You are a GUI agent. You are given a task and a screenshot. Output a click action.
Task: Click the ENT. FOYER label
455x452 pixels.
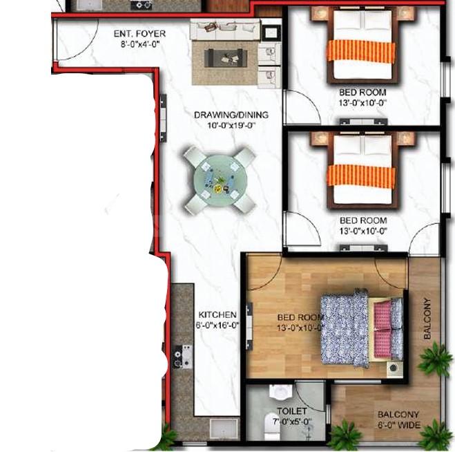click(x=139, y=34)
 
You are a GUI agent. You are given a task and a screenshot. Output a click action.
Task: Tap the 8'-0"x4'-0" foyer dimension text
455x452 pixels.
click(x=140, y=44)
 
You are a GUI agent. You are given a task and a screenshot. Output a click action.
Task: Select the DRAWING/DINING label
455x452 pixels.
click(x=231, y=115)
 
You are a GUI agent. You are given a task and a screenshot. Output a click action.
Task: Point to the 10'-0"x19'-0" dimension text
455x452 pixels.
click(x=231, y=126)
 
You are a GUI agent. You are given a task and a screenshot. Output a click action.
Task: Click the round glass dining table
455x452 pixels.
click(x=220, y=181)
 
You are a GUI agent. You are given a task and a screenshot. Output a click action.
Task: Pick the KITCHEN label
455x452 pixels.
click(x=217, y=314)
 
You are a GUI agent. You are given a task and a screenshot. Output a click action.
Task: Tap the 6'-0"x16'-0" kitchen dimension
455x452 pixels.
click(x=217, y=326)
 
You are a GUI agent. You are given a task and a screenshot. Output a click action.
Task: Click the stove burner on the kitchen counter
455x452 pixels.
click(x=183, y=356)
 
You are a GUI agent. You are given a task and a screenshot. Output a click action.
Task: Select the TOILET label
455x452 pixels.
click(x=292, y=411)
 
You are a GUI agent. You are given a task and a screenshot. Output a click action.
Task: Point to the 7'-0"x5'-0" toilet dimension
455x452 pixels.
click(x=292, y=421)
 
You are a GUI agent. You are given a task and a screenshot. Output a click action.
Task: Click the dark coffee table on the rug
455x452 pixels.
click(x=226, y=58)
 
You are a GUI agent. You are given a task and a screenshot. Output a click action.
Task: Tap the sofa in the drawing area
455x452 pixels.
click(x=225, y=29)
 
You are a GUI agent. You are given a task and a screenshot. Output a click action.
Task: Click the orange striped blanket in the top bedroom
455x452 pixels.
click(x=361, y=51)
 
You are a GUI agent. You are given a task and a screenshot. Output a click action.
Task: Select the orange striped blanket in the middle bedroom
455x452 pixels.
click(x=361, y=176)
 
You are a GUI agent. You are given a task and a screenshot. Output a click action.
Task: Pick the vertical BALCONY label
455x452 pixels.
click(x=427, y=319)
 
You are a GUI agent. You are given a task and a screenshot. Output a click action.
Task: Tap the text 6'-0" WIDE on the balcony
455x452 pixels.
click(x=399, y=425)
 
